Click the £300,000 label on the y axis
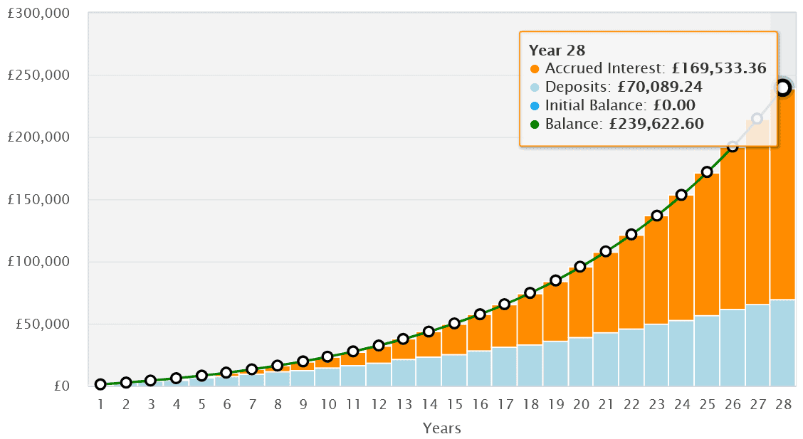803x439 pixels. coord(39,14)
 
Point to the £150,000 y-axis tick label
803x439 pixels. coord(39,200)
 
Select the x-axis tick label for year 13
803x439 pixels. coord(403,405)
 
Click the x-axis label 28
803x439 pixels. coord(782,405)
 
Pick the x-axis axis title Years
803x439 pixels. coord(441,428)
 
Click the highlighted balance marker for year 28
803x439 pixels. coord(782,88)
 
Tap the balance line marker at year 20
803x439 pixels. coord(580,267)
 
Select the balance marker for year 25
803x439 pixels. coord(707,172)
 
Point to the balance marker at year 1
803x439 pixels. coord(100,384)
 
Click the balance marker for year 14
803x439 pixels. coord(429,332)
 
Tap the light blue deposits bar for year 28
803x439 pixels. coord(782,343)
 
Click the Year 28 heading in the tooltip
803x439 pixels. coord(557,51)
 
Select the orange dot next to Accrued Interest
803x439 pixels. coord(535,69)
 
